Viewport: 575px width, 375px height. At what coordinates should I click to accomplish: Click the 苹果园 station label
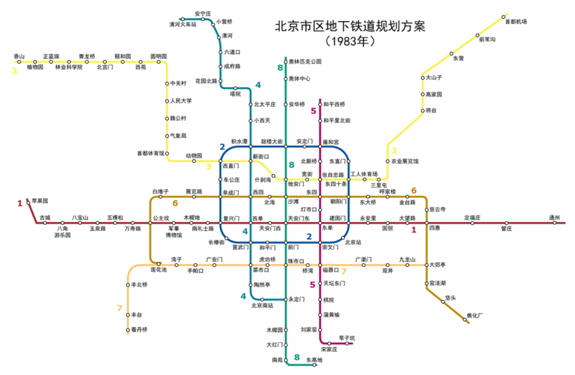tap(40, 201)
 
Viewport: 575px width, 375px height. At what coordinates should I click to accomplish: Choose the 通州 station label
tap(555, 217)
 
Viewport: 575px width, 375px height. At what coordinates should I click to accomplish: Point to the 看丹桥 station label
tap(139, 330)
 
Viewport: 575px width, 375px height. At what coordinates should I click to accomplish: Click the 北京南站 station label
tap(262, 305)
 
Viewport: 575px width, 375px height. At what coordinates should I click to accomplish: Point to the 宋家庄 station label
tap(329, 349)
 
